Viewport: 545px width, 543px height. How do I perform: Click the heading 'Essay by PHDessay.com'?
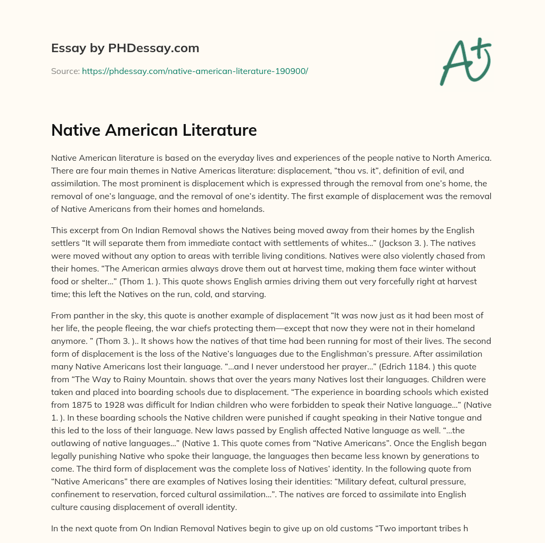[125, 48]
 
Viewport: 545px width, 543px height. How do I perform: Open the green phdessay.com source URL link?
[195, 71]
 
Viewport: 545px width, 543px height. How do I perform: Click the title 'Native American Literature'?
[154, 130]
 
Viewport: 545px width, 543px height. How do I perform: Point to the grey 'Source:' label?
[65, 71]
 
